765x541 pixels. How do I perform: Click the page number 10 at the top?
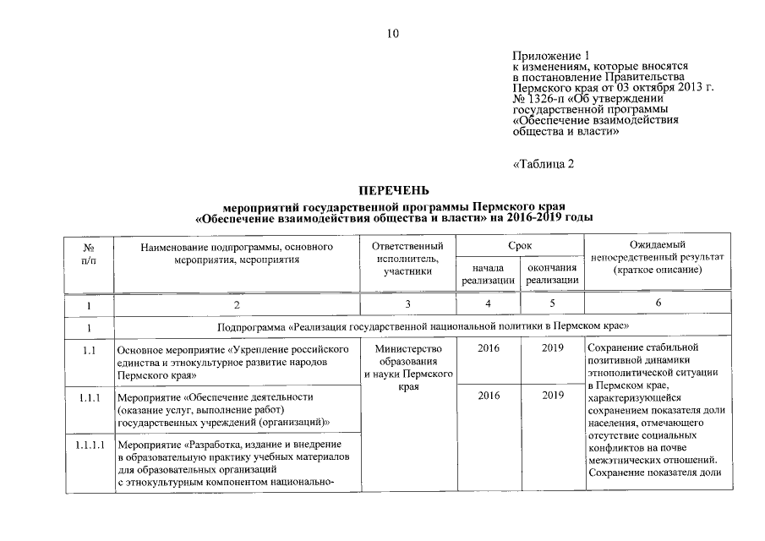(x=391, y=34)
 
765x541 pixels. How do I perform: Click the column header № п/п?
(x=88, y=254)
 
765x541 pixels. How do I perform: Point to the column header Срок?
(x=520, y=244)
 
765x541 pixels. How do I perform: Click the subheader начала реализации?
(x=489, y=274)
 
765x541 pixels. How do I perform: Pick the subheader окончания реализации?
(x=551, y=274)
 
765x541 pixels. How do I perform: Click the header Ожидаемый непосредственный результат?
(x=658, y=257)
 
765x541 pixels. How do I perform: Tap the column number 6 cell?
(x=658, y=304)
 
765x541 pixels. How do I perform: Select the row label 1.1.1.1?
(x=88, y=445)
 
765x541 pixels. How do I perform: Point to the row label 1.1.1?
(x=88, y=396)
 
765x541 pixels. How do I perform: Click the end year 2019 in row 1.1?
(x=552, y=348)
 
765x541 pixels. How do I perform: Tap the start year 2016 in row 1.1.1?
(x=489, y=396)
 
